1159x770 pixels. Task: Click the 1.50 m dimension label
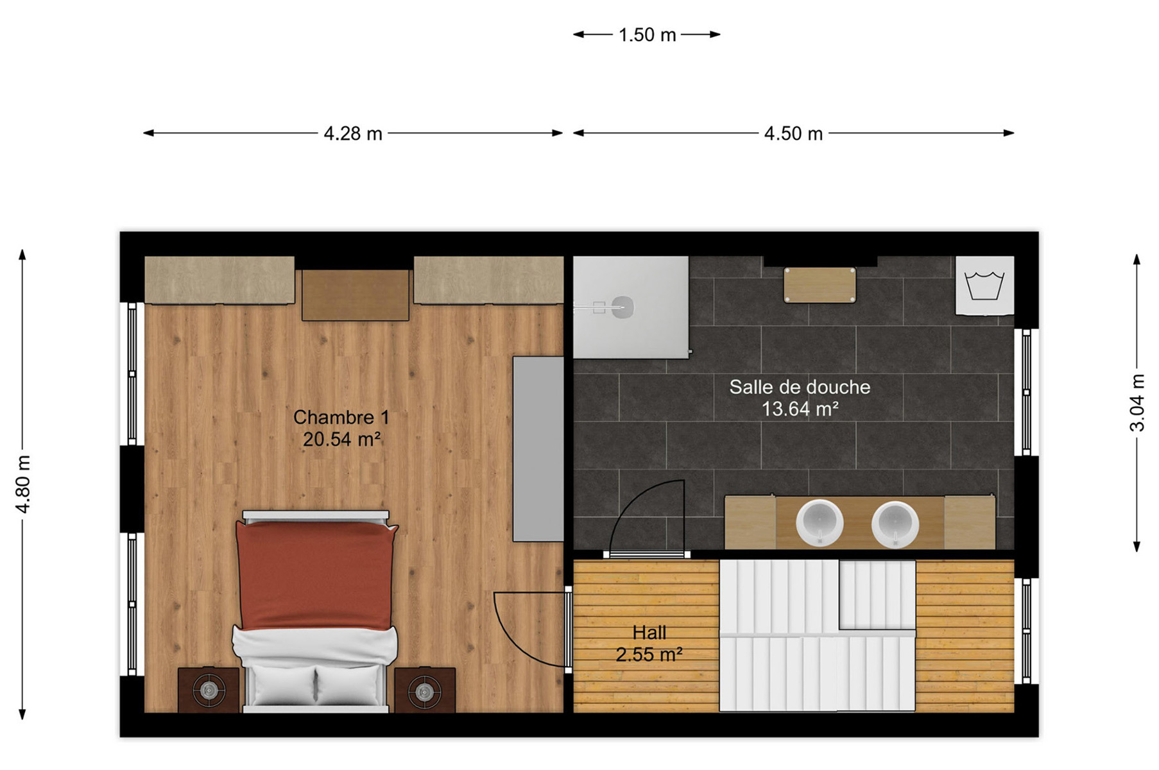647,35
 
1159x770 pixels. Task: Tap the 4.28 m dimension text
353,133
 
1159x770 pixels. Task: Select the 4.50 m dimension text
793,133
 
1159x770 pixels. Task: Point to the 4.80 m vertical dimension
23,484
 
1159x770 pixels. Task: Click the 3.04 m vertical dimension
1137,402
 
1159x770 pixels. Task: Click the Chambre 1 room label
341,418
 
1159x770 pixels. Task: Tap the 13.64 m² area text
800,409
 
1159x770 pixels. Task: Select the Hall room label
649,633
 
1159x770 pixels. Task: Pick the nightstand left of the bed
209,690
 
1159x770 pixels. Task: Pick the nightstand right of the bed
425,690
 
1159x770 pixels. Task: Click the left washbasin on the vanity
820,523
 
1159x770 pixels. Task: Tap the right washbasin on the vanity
895,524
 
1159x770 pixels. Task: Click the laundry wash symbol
984,286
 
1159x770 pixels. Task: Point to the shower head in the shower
622,307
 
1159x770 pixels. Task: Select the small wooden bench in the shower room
820,285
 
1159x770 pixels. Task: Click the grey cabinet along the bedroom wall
538,449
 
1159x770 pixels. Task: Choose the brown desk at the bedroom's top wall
356,295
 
